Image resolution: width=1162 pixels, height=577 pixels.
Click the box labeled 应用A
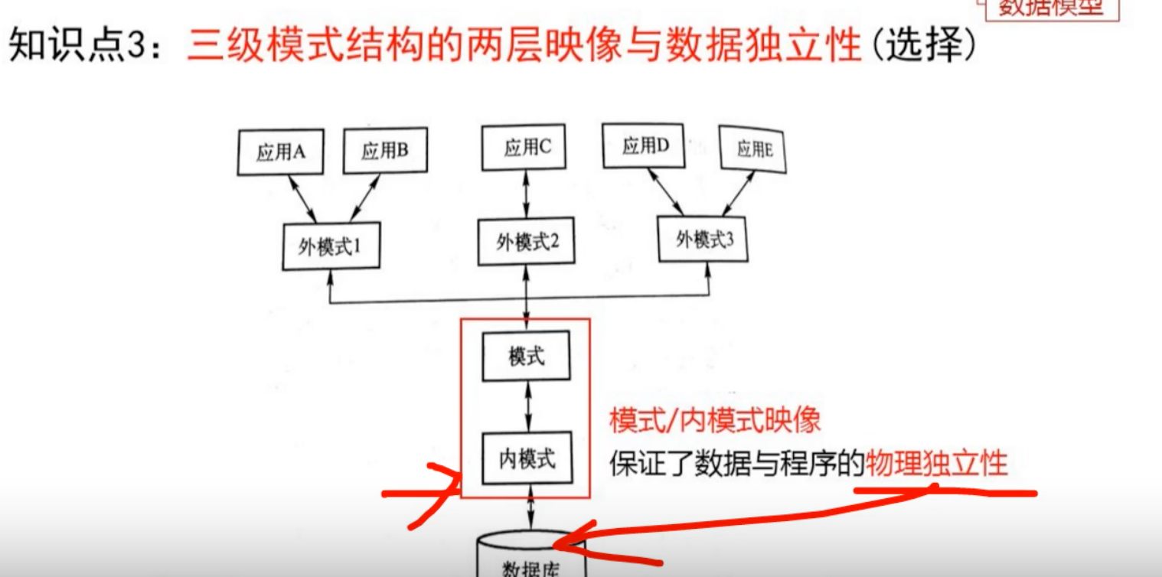[x=280, y=152]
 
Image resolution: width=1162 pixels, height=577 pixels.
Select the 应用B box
[x=384, y=150]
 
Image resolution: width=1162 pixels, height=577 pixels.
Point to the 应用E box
[x=754, y=148]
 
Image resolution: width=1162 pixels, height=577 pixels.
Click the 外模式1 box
[x=331, y=246]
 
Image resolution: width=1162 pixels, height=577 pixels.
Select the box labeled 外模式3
[x=703, y=239]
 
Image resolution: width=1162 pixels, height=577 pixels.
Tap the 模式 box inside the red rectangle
[x=526, y=356]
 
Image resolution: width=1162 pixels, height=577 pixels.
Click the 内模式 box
[x=527, y=458]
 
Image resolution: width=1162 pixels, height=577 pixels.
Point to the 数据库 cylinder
[x=530, y=559]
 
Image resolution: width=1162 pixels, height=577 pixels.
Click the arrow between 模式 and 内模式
[x=527, y=406]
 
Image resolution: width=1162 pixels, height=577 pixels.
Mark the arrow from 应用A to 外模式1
[x=303, y=199]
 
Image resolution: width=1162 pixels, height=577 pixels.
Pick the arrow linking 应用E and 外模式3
[x=739, y=194]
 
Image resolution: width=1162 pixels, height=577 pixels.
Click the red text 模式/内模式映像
[x=715, y=420]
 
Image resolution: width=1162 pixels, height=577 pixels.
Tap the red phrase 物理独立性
[x=936, y=463]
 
